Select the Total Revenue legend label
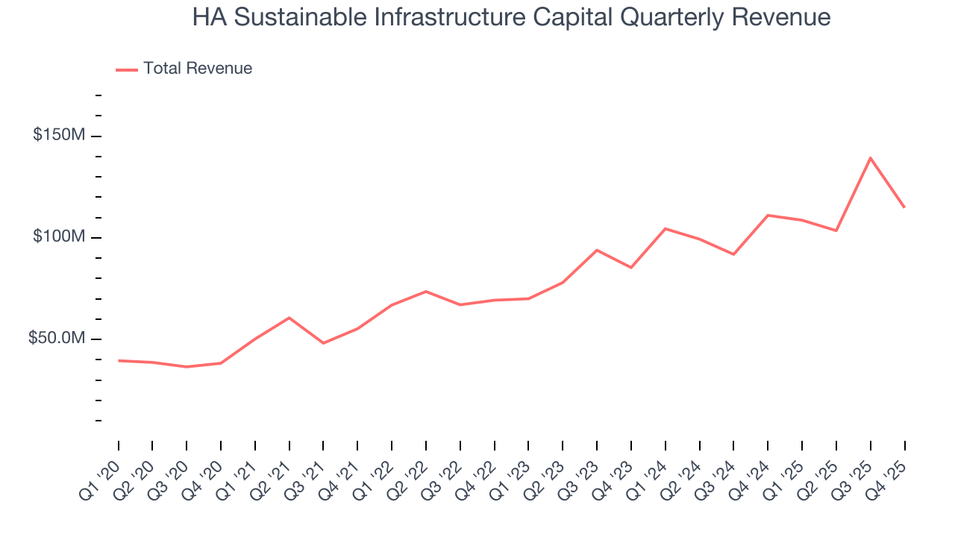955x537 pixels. tap(198, 69)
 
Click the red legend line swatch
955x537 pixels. tap(127, 69)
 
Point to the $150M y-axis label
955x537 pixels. tap(59, 136)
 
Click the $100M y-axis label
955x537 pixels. tap(59, 237)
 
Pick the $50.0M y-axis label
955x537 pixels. tap(57, 339)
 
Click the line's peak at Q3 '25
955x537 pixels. tap(871, 158)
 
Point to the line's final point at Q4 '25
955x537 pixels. tap(904, 207)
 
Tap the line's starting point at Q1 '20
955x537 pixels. tap(119, 360)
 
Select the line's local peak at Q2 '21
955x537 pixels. tap(289, 318)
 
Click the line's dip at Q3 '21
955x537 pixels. tap(323, 343)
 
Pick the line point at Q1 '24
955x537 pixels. tap(666, 229)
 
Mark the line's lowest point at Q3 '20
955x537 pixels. tap(187, 367)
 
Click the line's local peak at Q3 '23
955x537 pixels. tap(597, 250)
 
